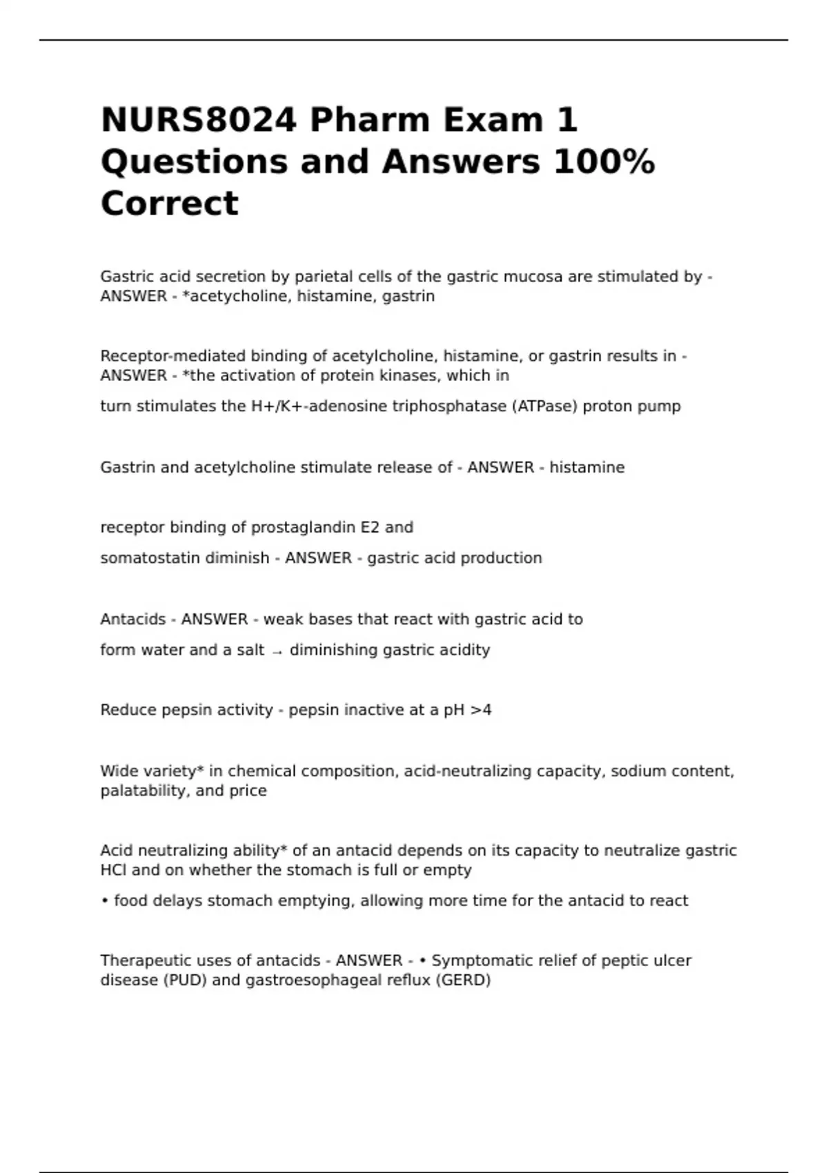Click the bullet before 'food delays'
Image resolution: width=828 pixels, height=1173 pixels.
click(x=104, y=900)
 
